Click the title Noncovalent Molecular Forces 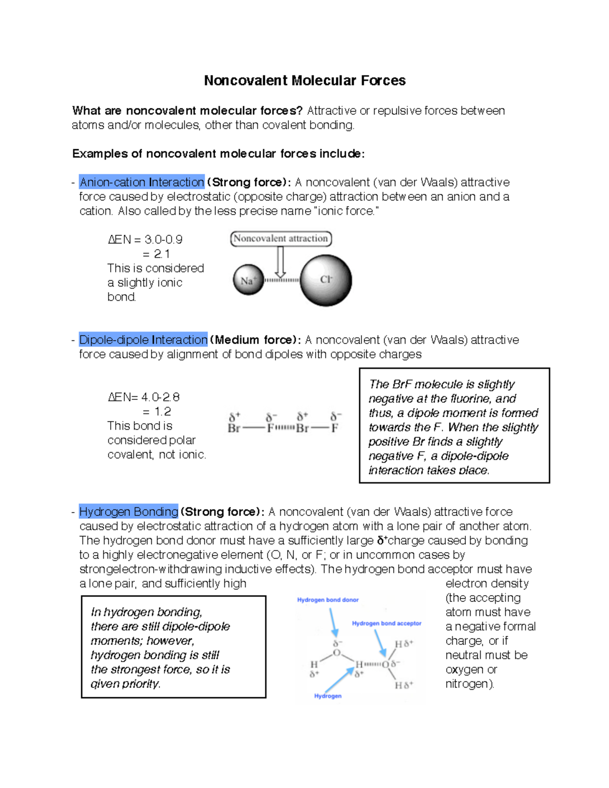click(304, 81)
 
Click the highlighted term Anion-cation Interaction click(142, 182)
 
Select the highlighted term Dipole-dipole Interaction click(143, 340)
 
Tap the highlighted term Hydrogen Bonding click(128, 511)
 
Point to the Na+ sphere click(248, 281)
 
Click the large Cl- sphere click(326, 280)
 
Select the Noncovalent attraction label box click(281, 238)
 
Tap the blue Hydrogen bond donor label click(328, 600)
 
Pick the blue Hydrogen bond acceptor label click(387, 623)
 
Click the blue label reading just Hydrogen click(328, 696)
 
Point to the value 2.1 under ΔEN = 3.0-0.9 click(162, 254)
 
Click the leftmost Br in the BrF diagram click(234, 428)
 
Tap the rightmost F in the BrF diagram click(335, 428)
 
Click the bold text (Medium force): click(255, 340)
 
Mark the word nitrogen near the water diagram click(468, 684)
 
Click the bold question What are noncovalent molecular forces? click(187, 111)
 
